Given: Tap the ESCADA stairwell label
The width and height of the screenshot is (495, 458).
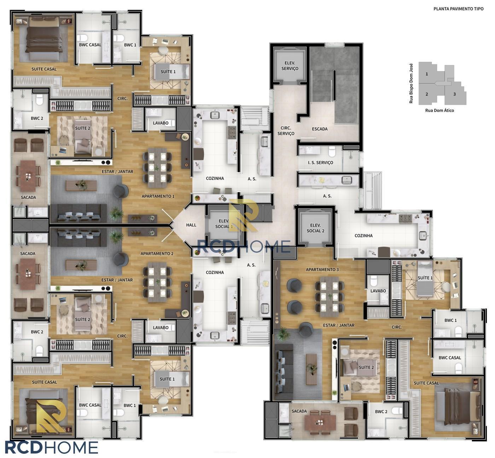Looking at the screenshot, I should (x=320, y=129).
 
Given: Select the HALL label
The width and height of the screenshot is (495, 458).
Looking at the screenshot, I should (x=191, y=225).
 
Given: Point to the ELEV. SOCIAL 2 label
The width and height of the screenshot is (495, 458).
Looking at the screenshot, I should (x=315, y=228).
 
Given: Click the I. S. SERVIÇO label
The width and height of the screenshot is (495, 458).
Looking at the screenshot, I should (x=320, y=162).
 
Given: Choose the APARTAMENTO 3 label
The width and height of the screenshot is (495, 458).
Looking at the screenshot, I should (x=322, y=269).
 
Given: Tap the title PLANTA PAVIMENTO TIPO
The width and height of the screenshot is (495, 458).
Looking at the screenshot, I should (x=458, y=9).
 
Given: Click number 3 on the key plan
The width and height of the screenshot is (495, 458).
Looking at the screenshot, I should (x=454, y=94).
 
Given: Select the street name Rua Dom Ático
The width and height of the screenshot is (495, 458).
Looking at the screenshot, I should (x=439, y=110).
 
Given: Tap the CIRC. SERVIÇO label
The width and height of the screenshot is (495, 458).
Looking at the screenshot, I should (x=286, y=131).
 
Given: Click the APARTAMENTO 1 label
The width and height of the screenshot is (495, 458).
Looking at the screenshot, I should (x=158, y=196).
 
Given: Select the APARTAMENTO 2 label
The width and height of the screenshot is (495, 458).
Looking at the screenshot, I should (x=157, y=253).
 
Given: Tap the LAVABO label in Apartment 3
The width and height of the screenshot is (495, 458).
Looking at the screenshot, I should (x=378, y=291).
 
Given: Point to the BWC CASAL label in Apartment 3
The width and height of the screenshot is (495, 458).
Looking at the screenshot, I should (x=450, y=358).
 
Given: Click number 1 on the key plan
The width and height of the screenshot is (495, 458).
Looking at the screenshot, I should (x=427, y=74).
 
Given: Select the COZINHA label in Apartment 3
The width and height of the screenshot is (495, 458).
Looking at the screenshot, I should (x=363, y=236).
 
